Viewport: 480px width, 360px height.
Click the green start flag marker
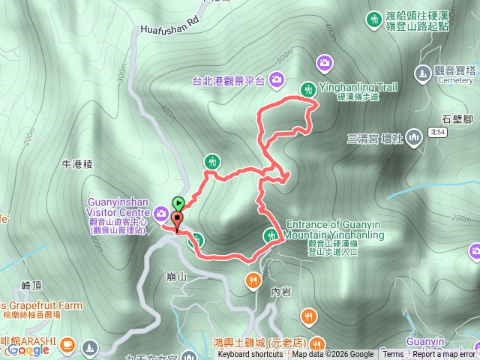coord(178,202)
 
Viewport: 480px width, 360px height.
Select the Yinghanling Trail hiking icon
coord(307,90)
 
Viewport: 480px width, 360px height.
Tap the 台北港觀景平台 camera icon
coord(276,79)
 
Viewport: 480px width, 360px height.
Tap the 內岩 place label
coord(280,292)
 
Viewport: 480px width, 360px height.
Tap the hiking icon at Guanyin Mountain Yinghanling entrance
coord(271,235)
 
